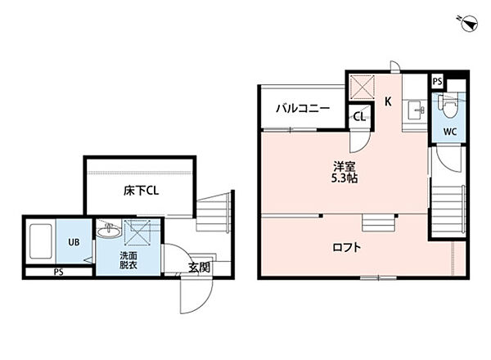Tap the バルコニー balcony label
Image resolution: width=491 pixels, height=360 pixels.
tap(302, 108)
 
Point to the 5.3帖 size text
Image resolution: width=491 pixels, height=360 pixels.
tap(344, 178)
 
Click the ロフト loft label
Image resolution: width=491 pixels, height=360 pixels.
tap(348, 246)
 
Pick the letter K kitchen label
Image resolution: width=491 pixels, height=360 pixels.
tap(389, 101)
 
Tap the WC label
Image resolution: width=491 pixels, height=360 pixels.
tap(450, 132)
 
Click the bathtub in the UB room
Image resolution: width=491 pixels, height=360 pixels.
tap(41, 241)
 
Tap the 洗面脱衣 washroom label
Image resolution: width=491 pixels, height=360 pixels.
tap(107, 260)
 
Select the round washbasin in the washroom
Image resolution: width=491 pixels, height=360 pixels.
tap(106, 233)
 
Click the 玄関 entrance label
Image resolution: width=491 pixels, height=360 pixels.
tap(200, 267)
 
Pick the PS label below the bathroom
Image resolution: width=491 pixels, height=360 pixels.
tap(58, 272)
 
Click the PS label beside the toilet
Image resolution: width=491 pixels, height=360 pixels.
tap(437, 82)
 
